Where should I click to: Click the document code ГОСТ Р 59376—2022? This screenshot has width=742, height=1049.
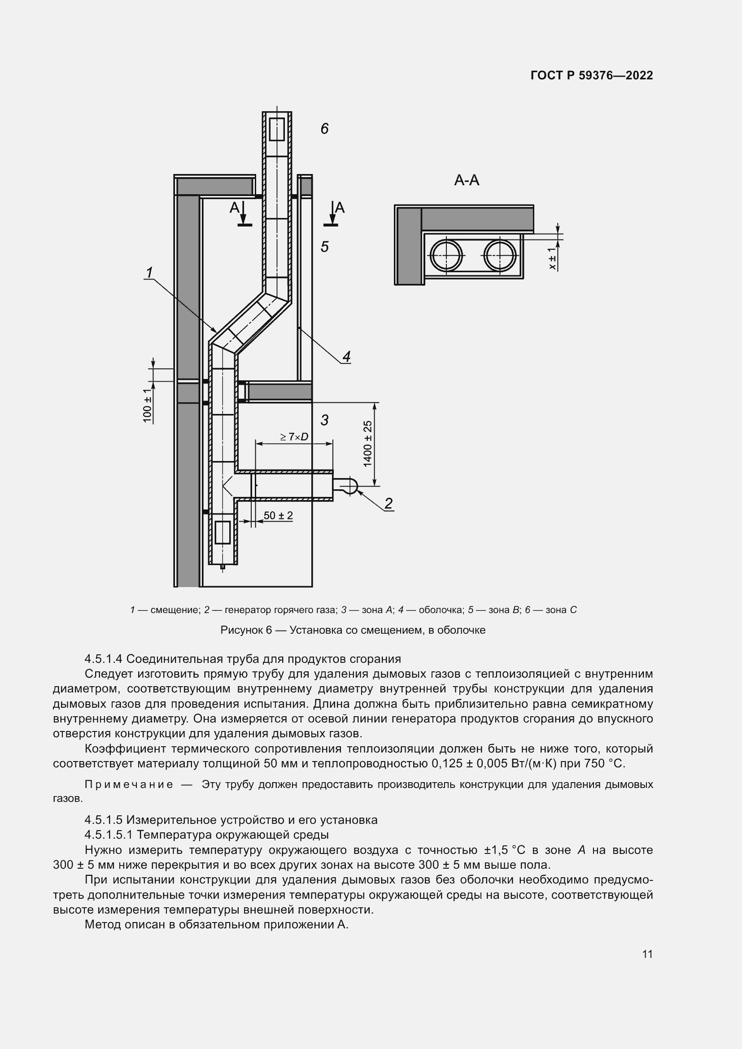[592, 75]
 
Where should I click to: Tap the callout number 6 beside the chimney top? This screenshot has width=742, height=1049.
[324, 129]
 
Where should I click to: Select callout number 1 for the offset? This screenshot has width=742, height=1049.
[149, 273]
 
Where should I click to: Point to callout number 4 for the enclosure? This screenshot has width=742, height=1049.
[346, 357]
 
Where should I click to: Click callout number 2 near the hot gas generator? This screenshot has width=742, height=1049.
[388, 504]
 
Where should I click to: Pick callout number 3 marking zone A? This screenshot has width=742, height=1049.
[324, 420]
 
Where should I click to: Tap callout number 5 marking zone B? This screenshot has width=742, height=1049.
[324, 247]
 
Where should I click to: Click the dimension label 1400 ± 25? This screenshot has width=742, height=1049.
[368, 444]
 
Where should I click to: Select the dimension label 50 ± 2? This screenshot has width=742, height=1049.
[278, 515]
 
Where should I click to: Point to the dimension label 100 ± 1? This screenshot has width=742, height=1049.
[147, 406]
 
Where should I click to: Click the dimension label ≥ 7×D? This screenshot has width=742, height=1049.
[294, 437]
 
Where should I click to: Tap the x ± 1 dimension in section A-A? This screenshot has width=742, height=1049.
[553, 259]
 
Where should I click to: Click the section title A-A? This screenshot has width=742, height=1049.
[467, 180]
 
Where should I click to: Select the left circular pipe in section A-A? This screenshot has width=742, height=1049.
[445, 255]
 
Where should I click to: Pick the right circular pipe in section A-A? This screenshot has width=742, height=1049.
[500, 255]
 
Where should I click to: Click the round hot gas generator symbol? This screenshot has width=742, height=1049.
[349, 485]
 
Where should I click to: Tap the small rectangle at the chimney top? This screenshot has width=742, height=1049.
[277, 129]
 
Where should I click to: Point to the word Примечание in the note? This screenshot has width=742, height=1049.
[129, 784]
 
